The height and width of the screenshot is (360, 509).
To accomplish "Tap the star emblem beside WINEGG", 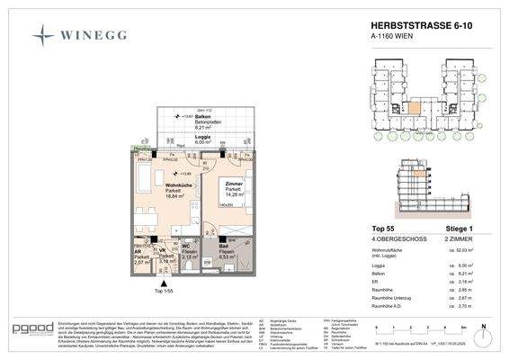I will click(43, 37).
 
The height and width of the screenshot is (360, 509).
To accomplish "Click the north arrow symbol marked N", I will click(483, 328).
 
